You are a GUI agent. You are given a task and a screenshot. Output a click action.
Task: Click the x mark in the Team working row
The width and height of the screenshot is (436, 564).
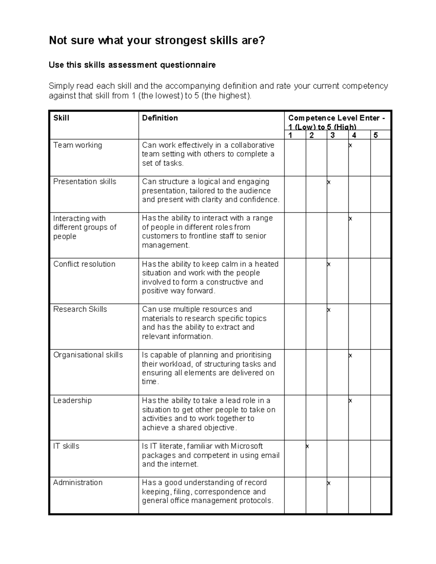(350, 146)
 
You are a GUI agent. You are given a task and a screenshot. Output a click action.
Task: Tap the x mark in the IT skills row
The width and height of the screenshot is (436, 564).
(307, 446)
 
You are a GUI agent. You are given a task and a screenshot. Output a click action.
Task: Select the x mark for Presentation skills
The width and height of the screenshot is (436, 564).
(329, 182)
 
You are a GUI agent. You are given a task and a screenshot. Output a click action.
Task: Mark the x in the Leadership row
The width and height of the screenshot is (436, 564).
(350, 401)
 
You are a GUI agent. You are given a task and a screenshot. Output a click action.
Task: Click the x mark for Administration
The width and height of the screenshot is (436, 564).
(329, 483)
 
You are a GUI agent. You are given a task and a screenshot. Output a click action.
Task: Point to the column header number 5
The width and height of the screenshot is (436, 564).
(376, 135)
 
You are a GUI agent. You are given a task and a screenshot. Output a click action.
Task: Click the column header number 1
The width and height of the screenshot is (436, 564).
(290, 135)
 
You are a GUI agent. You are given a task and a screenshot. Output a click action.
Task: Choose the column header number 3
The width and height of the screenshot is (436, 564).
(333, 135)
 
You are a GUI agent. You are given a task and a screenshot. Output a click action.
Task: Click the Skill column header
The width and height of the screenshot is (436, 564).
(61, 118)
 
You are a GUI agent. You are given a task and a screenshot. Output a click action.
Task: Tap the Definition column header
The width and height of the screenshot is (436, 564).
(160, 118)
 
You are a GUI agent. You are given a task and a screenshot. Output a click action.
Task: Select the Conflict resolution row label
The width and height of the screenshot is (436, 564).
(84, 264)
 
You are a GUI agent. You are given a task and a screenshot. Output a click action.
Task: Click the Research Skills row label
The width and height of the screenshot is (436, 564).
(80, 309)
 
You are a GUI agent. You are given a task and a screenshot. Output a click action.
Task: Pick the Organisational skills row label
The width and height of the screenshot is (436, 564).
(88, 355)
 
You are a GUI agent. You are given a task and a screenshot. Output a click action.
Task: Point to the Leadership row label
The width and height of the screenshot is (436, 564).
(72, 401)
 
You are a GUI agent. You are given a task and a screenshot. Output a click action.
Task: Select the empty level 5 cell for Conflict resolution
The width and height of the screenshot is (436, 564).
(380, 281)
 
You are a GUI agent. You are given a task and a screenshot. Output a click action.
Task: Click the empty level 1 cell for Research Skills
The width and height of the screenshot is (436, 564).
(295, 326)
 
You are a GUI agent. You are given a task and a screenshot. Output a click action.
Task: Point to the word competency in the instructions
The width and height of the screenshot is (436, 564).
(365, 86)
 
